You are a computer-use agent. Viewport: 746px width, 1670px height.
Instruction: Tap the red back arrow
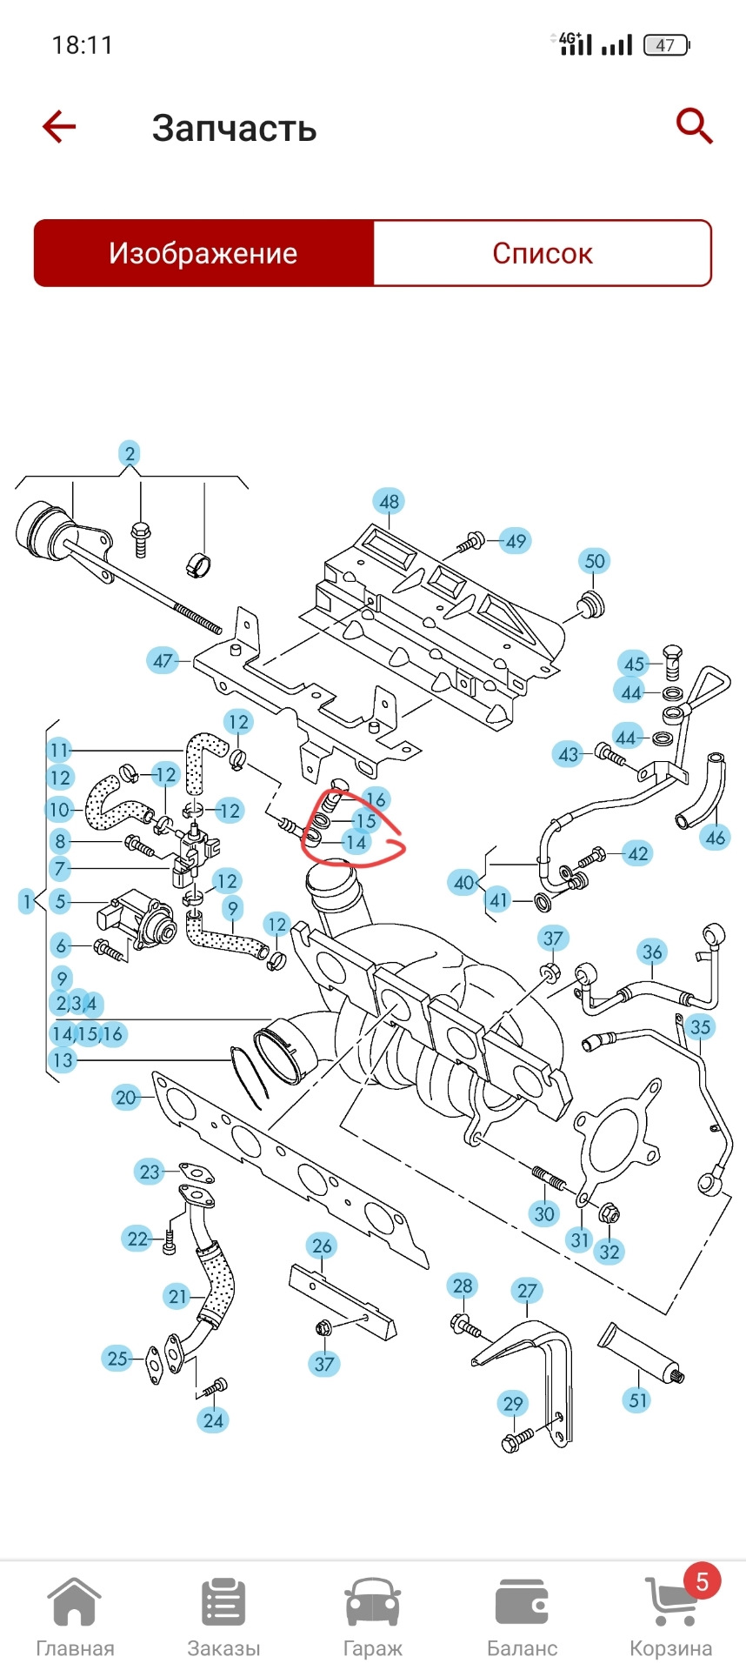59,127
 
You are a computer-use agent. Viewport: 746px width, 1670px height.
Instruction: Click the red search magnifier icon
694,127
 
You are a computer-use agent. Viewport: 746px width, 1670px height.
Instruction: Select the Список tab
542,253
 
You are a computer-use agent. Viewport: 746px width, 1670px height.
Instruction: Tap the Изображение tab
203,253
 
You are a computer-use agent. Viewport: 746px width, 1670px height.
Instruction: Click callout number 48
389,502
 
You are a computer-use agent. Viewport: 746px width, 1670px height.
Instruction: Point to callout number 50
595,561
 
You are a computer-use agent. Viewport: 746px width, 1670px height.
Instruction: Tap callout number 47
163,661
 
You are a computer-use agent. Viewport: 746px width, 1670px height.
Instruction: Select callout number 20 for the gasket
126,1098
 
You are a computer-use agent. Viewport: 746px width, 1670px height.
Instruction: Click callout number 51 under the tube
638,1400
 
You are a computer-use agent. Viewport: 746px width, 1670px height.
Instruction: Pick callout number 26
322,1246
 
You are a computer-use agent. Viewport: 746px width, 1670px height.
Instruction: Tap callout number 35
700,1027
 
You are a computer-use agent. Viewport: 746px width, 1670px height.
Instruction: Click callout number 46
715,838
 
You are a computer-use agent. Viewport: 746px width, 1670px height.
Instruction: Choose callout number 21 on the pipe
177,1297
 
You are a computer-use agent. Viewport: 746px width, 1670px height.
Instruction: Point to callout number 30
544,1214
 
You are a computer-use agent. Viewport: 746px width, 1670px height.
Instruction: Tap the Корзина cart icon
669,1602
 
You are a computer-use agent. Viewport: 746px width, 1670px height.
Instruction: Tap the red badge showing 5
702,1580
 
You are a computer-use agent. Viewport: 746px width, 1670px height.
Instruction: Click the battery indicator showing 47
665,45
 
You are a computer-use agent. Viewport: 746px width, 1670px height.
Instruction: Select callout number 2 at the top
130,453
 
